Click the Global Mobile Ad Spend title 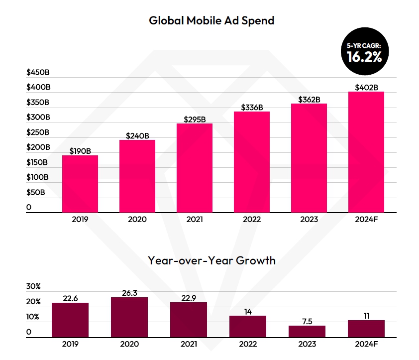(x=211, y=21)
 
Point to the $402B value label (x=365, y=87)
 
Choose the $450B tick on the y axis (x=38, y=73)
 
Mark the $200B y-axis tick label (x=38, y=147)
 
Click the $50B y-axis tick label (x=36, y=192)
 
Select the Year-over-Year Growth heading (x=211, y=260)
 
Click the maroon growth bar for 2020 (x=129, y=317)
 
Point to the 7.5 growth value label (x=307, y=321)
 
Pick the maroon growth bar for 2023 (x=307, y=332)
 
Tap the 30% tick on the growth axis (x=33, y=287)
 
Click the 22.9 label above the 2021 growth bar (x=188, y=298)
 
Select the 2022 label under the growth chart (x=247, y=344)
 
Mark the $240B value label (x=137, y=135)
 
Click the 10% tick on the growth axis (x=33, y=317)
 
